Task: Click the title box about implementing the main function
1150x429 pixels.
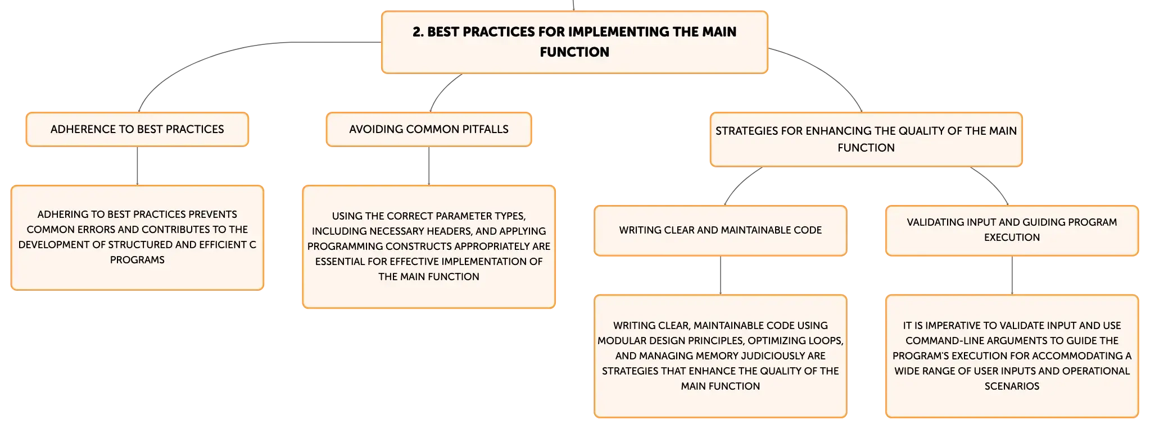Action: (574, 42)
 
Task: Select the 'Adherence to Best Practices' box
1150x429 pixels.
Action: (137, 129)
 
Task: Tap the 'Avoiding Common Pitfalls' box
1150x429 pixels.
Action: (429, 129)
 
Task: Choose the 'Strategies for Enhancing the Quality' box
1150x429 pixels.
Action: (866, 139)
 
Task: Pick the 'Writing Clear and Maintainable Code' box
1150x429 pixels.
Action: (721, 230)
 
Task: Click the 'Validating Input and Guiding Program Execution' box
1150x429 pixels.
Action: (1012, 230)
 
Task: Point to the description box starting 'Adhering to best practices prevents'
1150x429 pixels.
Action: (137, 238)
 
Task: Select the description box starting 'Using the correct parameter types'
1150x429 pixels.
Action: (429, 247)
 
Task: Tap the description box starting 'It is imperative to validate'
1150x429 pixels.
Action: (1012, 356)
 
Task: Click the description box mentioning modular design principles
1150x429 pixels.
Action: (721, 356)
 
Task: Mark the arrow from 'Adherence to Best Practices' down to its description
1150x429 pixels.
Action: (137, 166)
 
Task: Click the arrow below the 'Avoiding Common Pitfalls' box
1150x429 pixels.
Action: (429, 166)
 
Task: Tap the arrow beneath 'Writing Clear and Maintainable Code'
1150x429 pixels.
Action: (721, 276)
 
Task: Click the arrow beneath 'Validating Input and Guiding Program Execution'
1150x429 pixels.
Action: (1012, 276)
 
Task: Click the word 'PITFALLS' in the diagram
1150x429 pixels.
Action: (485, 129)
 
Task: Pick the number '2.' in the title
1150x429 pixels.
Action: (418, 32)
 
